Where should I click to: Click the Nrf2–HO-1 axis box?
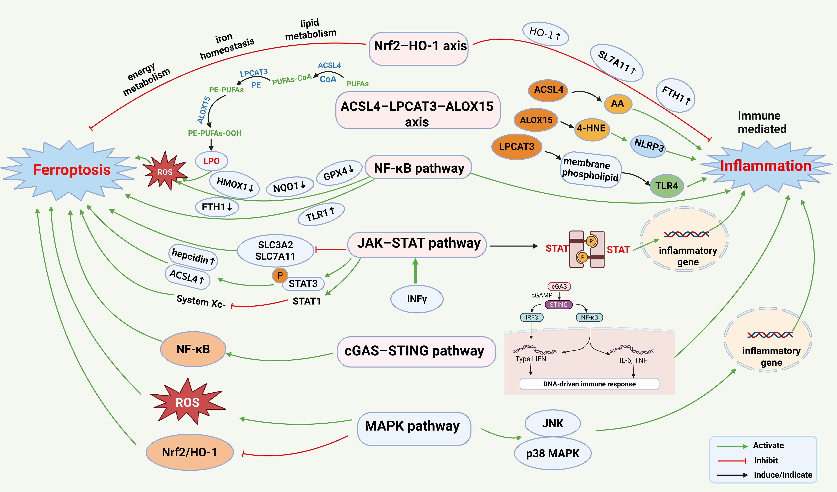pyautogui.click(x=419, y=48)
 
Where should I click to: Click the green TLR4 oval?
pyautogui.click(x=666, y=186)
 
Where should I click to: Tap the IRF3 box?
pyautogui.click(x=531, y=318)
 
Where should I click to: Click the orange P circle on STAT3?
pyautogui.click(x=280, y=275)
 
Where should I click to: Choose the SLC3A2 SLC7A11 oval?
pyautogui.click(x=275, y=251)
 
